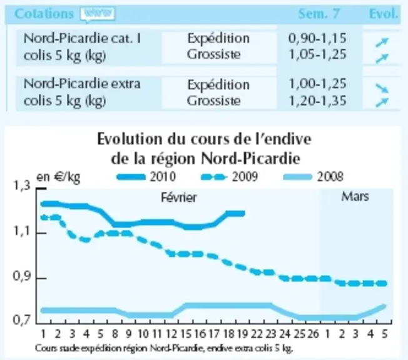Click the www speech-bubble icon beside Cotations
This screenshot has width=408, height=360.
tap(98, 14)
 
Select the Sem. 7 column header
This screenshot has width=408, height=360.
tap(319, 14)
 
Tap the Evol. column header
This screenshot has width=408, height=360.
tap(384, 14)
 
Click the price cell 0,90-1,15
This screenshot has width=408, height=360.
tap(317, 39)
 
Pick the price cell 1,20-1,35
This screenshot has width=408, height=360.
tap(318, 101)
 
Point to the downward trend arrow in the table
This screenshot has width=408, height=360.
tap(382, 88)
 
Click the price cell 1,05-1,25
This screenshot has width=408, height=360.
tap(318, 54)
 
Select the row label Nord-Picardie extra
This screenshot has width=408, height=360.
tap(82, 84)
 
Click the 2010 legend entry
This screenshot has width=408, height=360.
tap(146, 177)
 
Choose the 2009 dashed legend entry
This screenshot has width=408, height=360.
tap(230, 177)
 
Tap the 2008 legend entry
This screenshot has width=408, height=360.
tap(313, 177)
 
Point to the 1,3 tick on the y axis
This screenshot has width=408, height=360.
tap(42, 188)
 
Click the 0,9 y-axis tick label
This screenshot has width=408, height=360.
tap(21, 277)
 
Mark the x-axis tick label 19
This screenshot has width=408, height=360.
tap(242, 334)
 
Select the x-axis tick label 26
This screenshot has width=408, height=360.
tap(314, 334)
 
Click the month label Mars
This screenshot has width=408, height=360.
tap(355, 196)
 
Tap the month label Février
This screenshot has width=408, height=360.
tap(179, 197)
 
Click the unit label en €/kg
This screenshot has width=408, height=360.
tap(58, 177)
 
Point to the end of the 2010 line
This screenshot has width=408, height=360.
tap(244, 213)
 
